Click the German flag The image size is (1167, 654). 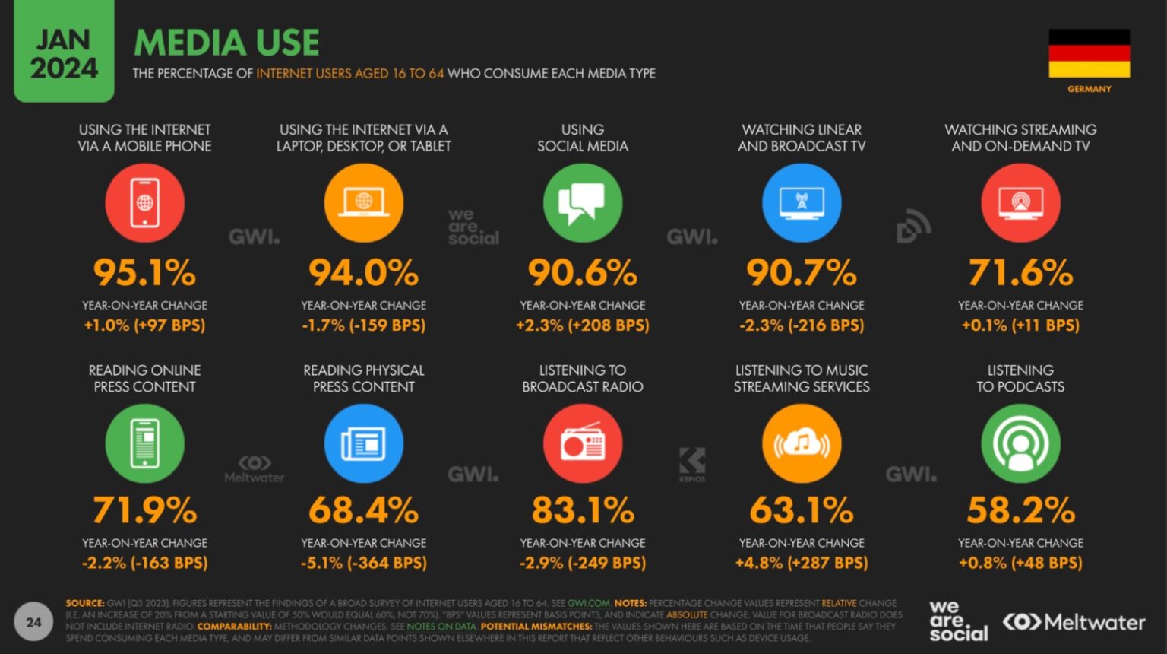[1089, 53]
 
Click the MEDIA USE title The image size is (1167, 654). [226, 43]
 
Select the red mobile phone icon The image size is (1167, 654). [144, 203]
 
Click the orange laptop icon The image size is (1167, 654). [364, 203]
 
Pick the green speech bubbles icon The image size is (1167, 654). [583, 203]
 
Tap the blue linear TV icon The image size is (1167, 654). [802, 203]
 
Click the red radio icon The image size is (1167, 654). [583, 443]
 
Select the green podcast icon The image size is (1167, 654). [1020, 443]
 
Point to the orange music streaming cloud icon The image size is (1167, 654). [802, 443]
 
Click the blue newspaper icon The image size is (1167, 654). [364, 443]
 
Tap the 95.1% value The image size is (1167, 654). [144, 272]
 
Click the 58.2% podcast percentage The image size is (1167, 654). [1020, 510]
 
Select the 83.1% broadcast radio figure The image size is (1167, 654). [583, 510]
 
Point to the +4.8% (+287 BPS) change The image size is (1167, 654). [802, 563]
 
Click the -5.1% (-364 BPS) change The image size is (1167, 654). [364, 563]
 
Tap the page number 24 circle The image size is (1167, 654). [33, 622]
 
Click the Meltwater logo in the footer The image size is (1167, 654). [1074, 622]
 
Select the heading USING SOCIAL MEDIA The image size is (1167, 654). [583, 138]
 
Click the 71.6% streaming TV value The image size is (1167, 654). [1020, 272]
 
